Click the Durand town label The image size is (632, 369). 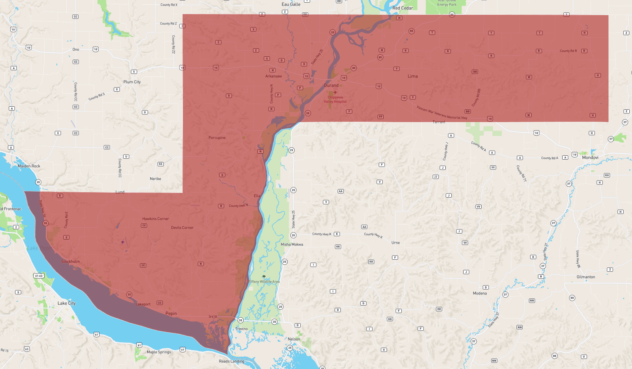[331, 85]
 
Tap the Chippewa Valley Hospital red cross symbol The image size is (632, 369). [335, 92]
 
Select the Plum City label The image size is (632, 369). [132, 82]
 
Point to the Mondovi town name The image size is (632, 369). [590, 157]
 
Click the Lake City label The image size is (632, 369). [66, 303]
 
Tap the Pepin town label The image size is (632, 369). [171, 313]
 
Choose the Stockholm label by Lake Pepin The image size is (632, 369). [70, 261]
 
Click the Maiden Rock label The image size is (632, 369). [29, 166]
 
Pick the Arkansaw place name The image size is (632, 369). [273, 76]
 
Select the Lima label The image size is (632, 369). [412, 76]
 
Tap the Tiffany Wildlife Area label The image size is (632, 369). [264, 282]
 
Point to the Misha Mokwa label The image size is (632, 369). [292, 245]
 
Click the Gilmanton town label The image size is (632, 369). [585, 277]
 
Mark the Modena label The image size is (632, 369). [479, 293]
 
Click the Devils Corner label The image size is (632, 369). [182, 227]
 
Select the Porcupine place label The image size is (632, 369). [217, 138]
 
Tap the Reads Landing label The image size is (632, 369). [231, 361]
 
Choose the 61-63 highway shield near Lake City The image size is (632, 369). [39, 276]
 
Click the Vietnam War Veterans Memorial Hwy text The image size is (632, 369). [442, 113]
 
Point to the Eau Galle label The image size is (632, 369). [291, 4]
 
